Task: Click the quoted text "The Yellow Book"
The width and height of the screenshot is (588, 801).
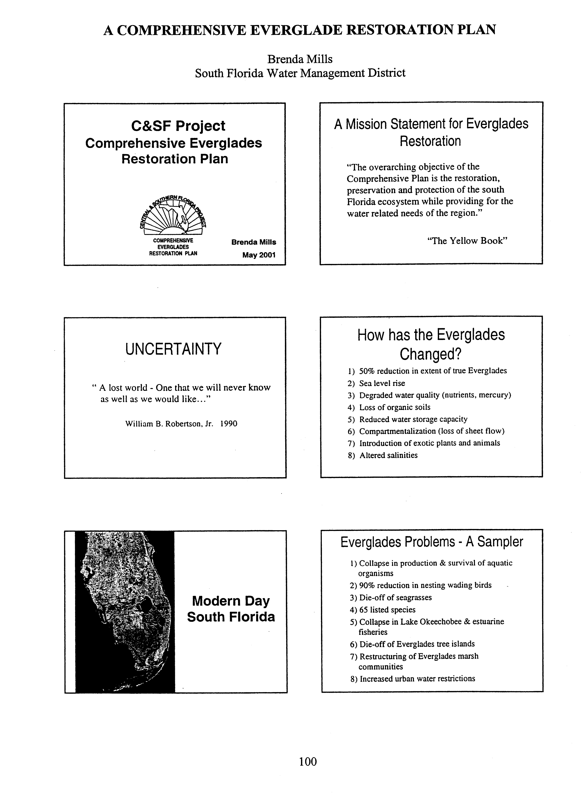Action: pyautogui.click(x=467, y=241)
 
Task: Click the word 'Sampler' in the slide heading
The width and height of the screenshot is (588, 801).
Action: pyautogui.click(x=500, y=542)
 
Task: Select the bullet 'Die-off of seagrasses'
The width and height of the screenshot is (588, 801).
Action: pyautogui.click(x=395, y=597)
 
